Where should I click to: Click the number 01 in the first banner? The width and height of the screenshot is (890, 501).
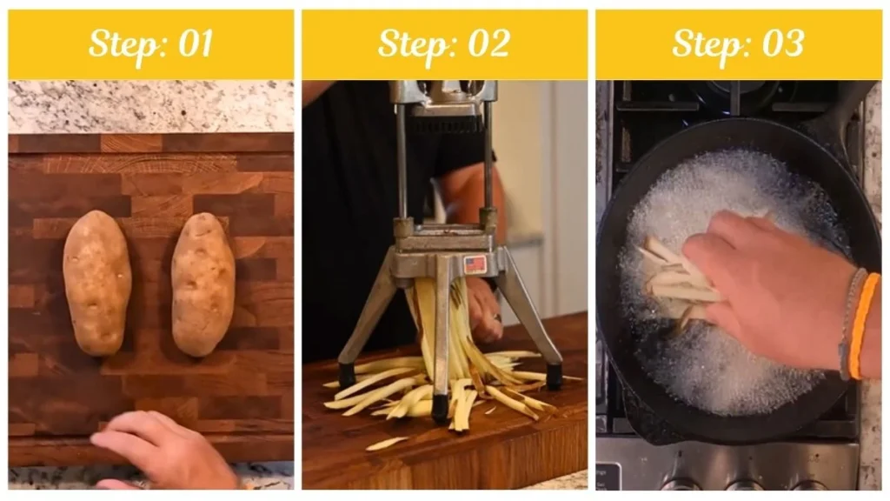(194, 44)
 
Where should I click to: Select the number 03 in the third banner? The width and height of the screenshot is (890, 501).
(782, 44)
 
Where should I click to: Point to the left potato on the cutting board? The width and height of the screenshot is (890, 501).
(96, 282)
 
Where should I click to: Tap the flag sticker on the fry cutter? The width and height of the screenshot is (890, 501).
(475, 264)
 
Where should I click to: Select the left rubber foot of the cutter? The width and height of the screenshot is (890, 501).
(347, 375)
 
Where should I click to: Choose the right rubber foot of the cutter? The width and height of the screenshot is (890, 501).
(554, 376)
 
